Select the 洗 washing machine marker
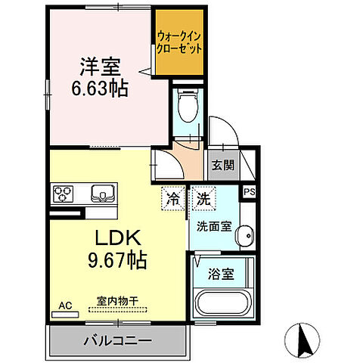coord(203,200)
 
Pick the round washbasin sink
coord(246,239)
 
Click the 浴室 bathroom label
coord(222,275)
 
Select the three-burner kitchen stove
coord(64,194)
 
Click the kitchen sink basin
coord(100,192)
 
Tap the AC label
coord(66,306)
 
